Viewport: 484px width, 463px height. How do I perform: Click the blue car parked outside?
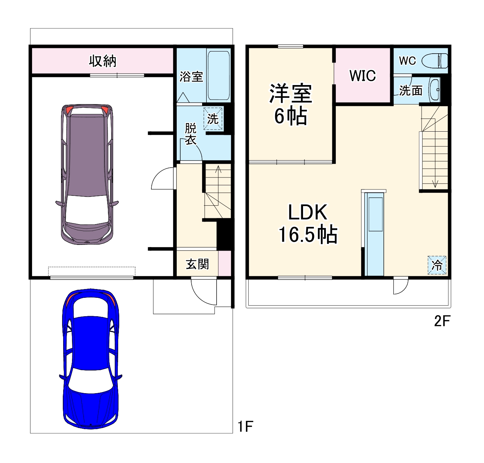90,358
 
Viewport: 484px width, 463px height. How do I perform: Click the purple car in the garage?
87,174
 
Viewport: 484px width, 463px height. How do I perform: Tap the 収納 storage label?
102,61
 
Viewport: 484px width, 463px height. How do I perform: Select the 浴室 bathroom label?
191,77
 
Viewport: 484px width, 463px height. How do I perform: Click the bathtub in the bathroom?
218,76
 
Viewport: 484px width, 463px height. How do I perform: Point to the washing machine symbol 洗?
213,119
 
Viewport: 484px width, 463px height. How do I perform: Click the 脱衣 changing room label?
190,134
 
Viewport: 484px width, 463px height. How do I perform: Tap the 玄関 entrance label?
197,264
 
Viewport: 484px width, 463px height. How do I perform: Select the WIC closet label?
362,76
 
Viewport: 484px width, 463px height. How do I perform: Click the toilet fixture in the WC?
436,61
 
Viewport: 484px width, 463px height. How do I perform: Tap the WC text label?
407,61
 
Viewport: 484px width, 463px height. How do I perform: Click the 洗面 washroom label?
411,91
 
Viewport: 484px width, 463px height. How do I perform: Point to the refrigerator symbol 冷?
437,265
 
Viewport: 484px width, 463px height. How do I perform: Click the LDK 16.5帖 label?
308,223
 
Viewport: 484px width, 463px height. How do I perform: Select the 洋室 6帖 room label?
290,104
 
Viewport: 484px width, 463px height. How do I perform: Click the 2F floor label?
442,321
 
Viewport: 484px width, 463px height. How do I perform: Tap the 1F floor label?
245,426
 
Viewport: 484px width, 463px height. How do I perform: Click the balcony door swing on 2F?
400,286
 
